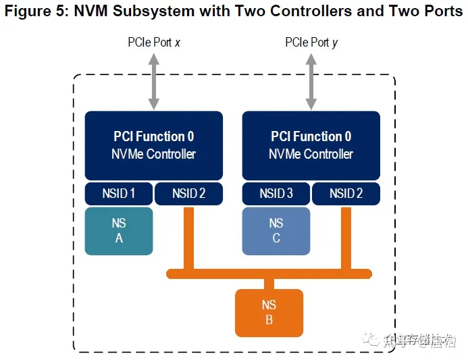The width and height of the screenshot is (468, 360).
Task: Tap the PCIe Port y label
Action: pyautogui.click(x=311, y=43)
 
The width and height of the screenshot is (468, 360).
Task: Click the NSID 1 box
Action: pyautogui.click(x=119, y=194)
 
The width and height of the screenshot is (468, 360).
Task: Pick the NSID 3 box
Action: pyautogui.click(x=276, y=194)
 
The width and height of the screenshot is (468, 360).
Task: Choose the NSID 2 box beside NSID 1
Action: pyautogui.click(x=189, y=194)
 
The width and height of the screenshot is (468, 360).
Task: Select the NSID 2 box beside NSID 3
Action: pyautogui.click(x=346, y=194)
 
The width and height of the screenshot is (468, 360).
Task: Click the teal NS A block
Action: pyautogui.click(x=119, y=231)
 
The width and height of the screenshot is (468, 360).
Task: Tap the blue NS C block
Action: pyautogui.click(x=276, y=231)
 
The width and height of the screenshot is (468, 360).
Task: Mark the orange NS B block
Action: pyautogui.click(x=269, y=313)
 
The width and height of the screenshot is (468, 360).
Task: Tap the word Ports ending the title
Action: pyautogui.click(x=442, y=11)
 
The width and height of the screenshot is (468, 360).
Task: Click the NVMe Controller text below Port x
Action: pyautogui.click(x=153, y=154)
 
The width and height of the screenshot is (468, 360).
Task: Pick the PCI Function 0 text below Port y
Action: pyautogui.click(x=311, y=136)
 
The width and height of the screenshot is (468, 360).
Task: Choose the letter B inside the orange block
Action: pyautogui.click(x=269, y=320)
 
